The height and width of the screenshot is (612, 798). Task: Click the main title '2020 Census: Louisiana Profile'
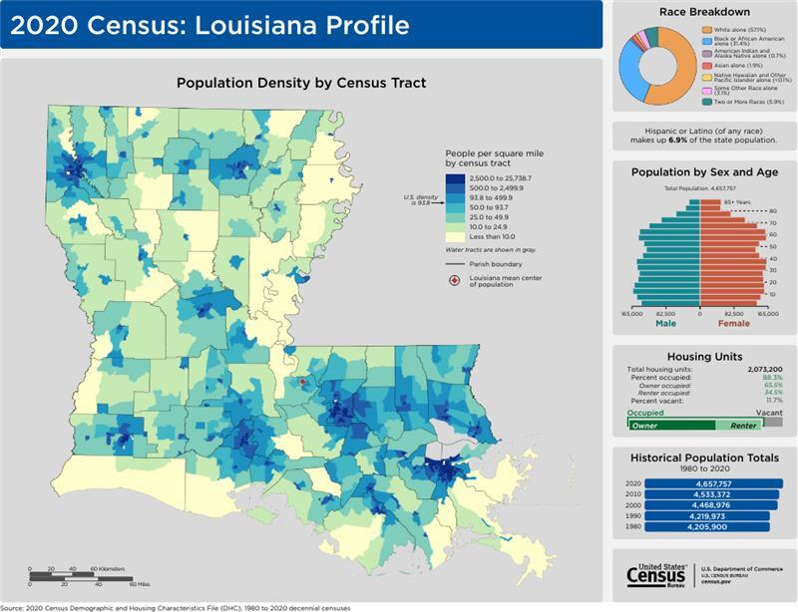(209, 25)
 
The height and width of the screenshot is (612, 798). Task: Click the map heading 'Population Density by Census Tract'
(301, 83)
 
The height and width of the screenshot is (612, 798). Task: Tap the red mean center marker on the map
(303, 382)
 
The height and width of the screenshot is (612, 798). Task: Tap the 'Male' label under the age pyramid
(665, 323)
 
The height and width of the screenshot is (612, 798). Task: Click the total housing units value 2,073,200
(762, 369)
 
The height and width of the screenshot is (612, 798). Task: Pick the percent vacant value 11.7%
(772, 400)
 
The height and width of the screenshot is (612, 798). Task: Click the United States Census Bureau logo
(657, 575)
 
